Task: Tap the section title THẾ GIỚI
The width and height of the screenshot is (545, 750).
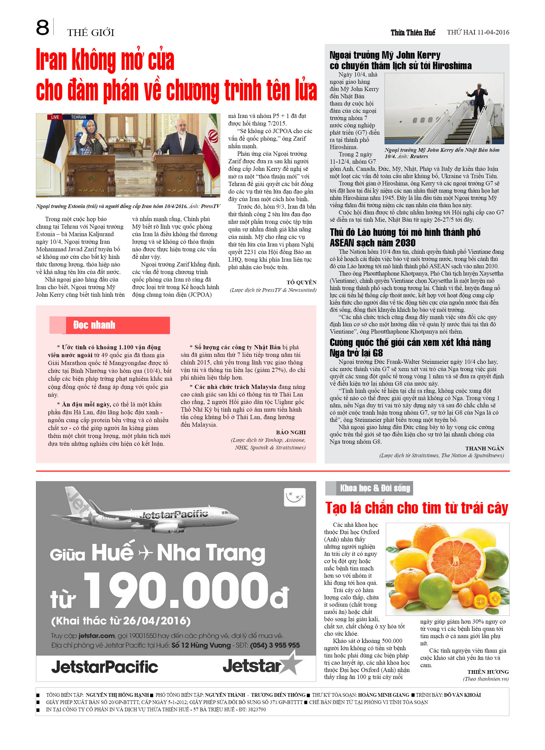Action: click(90, 33)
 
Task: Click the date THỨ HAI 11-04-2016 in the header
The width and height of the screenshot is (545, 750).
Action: click(478, 32)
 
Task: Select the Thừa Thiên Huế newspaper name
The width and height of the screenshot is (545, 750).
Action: click(413, 32)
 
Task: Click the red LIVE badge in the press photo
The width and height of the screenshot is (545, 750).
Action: click(55, 117)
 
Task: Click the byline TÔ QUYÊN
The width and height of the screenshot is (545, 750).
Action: click(301, 282)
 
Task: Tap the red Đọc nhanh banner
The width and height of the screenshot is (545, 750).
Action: click(110, 325)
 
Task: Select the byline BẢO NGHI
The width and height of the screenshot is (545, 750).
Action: click(291, 432)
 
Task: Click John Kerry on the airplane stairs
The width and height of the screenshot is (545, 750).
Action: click(478, 98)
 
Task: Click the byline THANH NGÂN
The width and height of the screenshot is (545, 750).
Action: click(484, 448)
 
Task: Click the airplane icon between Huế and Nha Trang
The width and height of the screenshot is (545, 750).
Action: click(146, 553)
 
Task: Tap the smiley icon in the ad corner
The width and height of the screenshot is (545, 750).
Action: click(294, 497)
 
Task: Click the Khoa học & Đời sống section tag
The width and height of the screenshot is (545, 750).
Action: click(375, 488)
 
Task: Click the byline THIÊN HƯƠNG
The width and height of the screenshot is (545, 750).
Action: click(488, 672)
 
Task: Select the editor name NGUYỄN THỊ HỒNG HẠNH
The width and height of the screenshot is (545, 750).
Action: click(117, 695)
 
